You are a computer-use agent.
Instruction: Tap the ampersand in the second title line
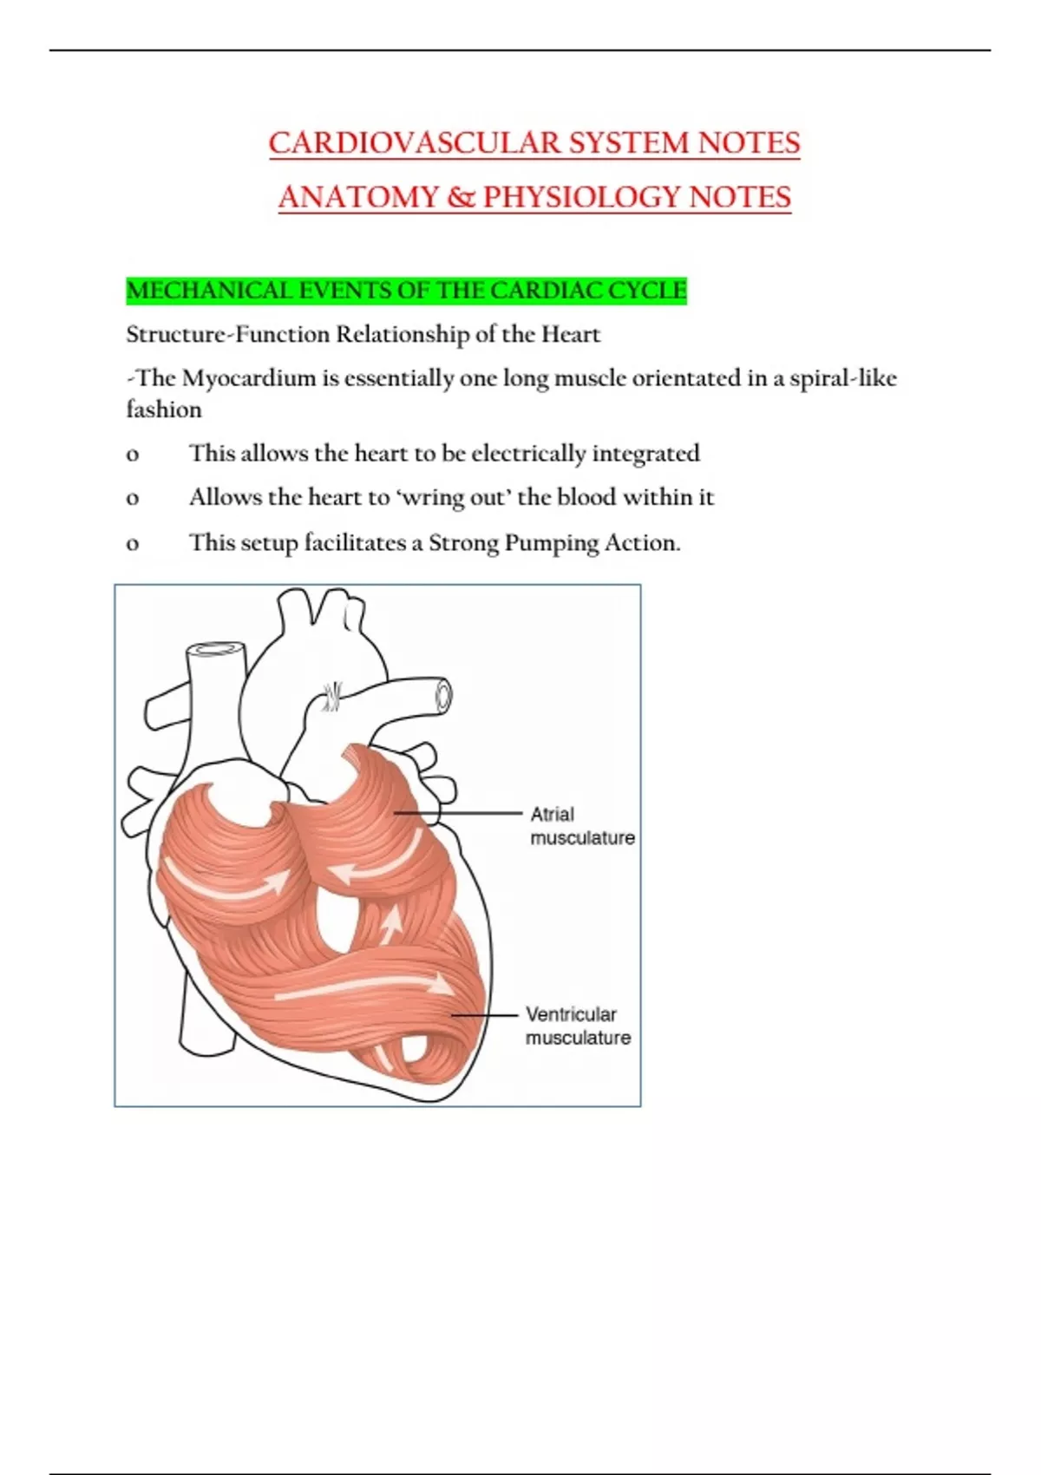(x=462, y=198)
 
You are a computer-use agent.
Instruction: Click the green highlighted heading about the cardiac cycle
(x=406, y=291)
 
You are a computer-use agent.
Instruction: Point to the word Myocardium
(x=249, y=378)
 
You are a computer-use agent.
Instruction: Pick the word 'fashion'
(x=164, y=410)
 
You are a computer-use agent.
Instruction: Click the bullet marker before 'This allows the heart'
(x=133, y=455)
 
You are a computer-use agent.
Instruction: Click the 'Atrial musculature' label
(x=582, y=826)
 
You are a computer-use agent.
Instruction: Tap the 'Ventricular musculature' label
(x=578, y=1026)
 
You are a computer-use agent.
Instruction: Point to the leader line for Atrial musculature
(x=460, y=813)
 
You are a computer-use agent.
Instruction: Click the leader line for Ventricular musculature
(x=486, y=1014)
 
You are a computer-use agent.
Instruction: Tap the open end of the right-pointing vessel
(x=443, y=695)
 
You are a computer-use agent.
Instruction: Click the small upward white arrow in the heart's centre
(x=392, y=925)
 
